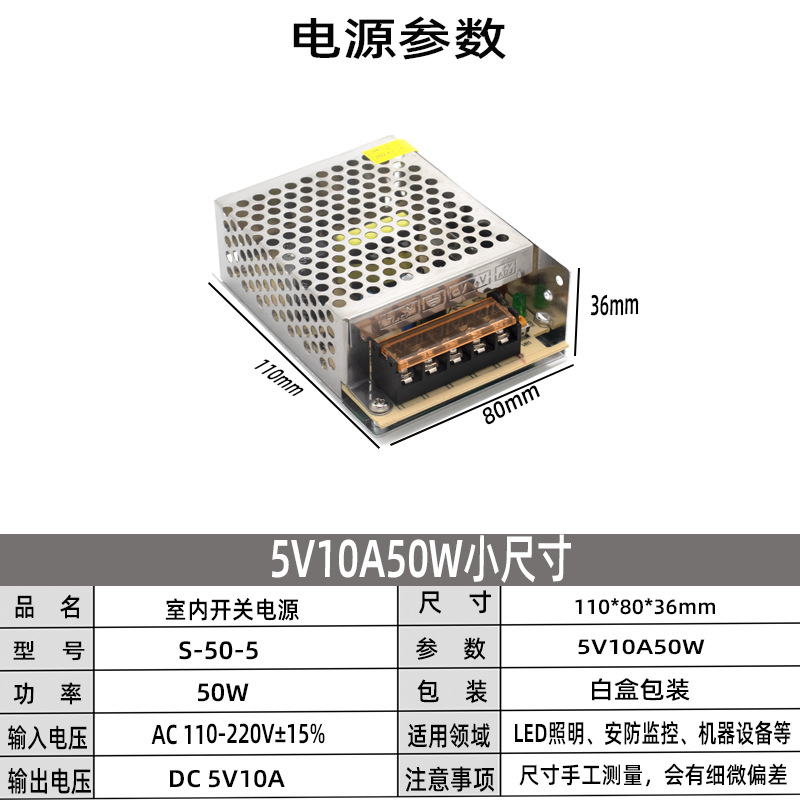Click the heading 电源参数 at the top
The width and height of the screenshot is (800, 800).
tap(399, 40)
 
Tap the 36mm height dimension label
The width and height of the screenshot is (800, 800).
tap(613, 303)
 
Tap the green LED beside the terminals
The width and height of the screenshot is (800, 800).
tap(533, 296)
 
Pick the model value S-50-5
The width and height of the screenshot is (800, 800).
tap(218, 649)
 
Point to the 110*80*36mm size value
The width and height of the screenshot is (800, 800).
tap(646, 607)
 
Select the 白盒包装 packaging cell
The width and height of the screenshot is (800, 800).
tap(640, 691)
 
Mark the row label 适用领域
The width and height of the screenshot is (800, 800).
tap(448, 736)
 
